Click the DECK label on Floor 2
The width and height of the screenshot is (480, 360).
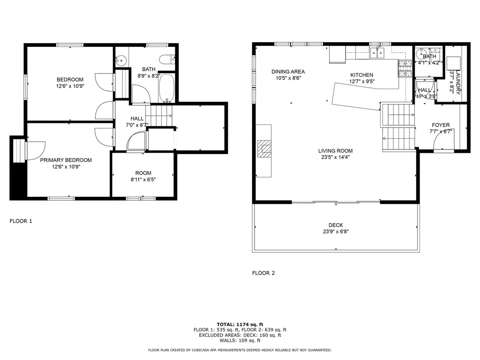pyautogui.click(x=336, y=225)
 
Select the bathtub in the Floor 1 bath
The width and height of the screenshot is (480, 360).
pyautogui.click(x=167, y=88)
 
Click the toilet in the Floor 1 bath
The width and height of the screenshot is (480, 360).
pyautogui.click(x=165, y=60)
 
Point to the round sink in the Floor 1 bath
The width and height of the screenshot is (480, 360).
pyautogui.click(x=121, y=60)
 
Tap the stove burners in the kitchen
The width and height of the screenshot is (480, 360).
pyautogui.click(x=405, y=68)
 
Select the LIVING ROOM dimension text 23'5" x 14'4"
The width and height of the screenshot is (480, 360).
pyautogui.click(x=335, y=157)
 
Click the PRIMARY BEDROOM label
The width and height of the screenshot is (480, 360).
pyautogui.click(x=66, y=160)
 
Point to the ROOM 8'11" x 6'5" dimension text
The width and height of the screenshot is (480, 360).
pyautogui.click(x=143, y=179)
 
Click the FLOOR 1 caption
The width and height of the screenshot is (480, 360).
pyautogui.click(x=21, y=221)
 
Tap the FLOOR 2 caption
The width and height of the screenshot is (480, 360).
pyautogui.click(x=263, y=273)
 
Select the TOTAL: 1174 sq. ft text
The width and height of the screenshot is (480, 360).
pyautogui.click(x=240, y=324)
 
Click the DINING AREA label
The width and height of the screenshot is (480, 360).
pyautogui.click(x=288, y=72)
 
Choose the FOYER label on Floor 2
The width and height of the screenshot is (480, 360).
pyautogui.click(x=441, y=125)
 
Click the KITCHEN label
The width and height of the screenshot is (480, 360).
pyautogui.click(x=362, y=75)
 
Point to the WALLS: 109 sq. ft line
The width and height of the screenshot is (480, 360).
pyautogui.click(x=240, y=341)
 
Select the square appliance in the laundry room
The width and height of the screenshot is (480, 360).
pyautogui.click(x=453, y=63)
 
